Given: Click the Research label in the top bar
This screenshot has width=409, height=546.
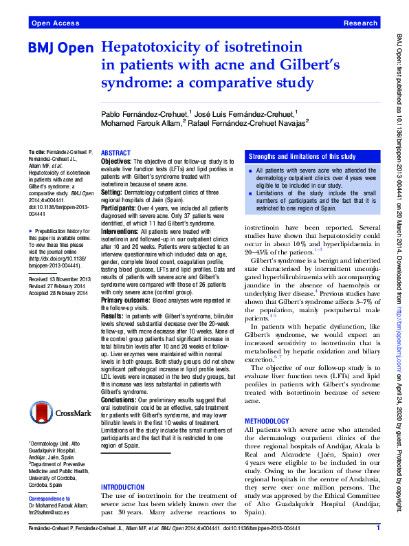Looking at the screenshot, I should pyautogui.click(x=360, y=23).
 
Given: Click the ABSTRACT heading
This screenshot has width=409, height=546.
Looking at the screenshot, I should pyautogui.click(x=116, y=153).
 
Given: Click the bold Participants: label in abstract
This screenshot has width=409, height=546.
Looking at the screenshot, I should pyautogui.click(x=119, y=206).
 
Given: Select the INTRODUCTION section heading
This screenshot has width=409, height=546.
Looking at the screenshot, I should pyautogui.click(x=122, y=487).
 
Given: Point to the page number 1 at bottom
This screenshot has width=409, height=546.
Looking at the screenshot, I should pyautogui.click(x=378, y=527).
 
